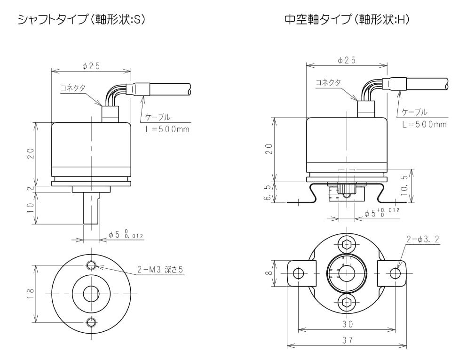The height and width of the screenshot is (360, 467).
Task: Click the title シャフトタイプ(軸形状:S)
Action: pos(80,19)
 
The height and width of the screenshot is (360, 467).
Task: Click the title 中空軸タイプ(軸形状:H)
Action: pos(347,19)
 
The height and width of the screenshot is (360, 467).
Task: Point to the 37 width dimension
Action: pos(347,340)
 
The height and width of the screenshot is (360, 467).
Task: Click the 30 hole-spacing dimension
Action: pos(347,324)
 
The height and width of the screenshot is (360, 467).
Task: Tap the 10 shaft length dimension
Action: pos(31,205)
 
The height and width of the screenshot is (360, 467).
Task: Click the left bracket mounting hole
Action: pos(298,273)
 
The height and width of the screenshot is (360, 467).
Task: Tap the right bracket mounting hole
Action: pos(395,273)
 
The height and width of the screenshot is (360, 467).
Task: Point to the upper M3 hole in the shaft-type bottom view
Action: pos(91,266)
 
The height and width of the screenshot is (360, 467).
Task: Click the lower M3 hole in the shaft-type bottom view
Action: pos(91,322)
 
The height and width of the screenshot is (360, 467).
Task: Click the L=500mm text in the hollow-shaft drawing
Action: pos(424,124)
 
